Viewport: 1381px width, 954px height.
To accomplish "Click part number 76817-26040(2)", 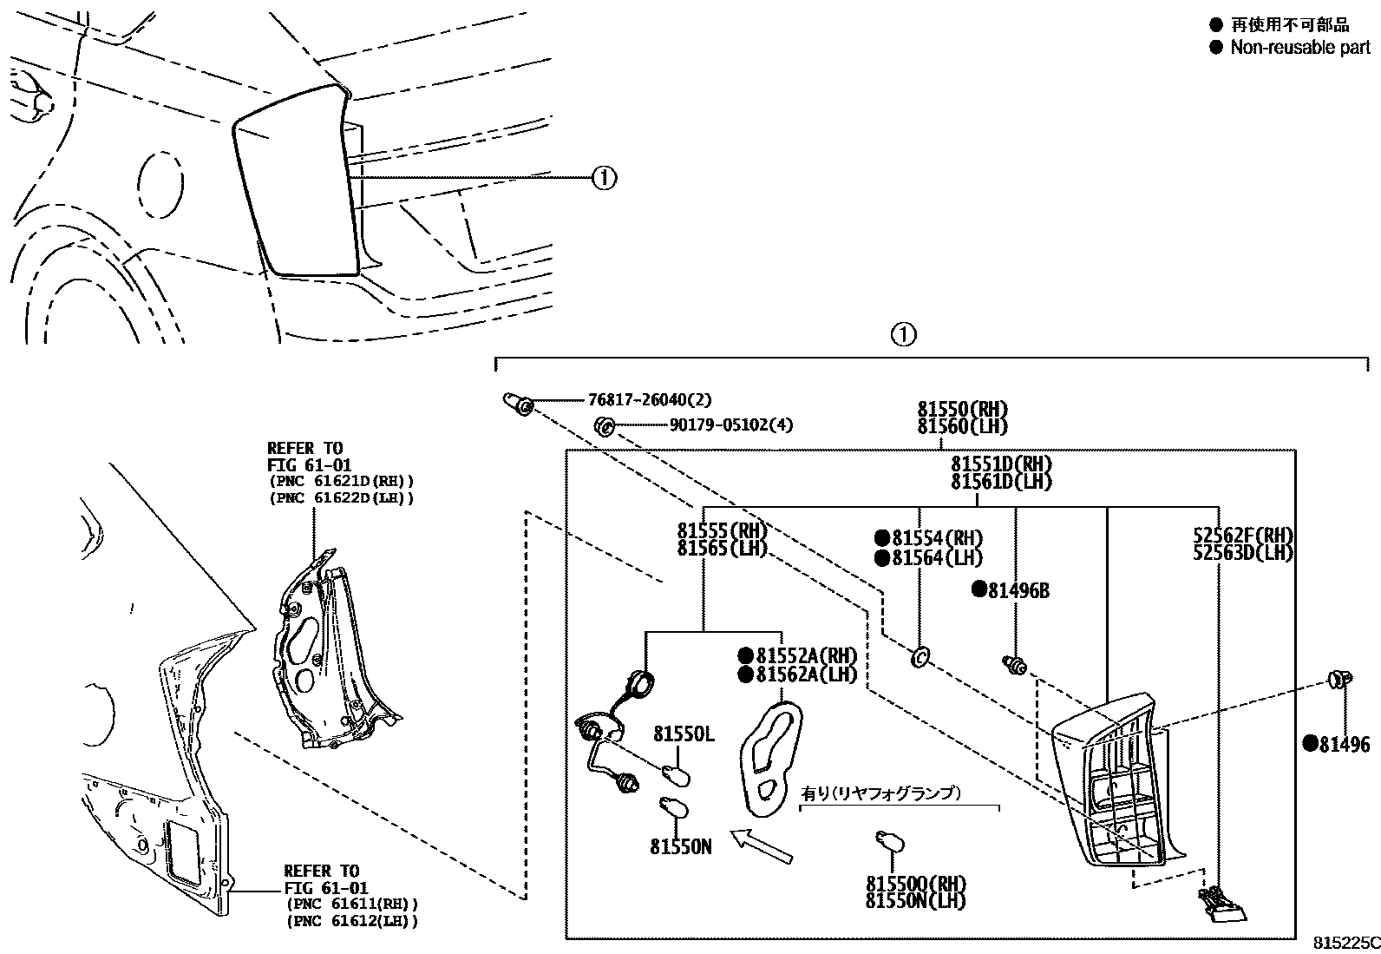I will [649, 400].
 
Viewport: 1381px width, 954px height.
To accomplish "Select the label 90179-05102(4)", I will [730, 425].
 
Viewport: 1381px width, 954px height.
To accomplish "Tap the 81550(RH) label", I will [963, 409].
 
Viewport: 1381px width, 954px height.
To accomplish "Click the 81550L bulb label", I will [684, 734].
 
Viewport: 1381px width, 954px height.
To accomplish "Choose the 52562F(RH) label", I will [1243, 535].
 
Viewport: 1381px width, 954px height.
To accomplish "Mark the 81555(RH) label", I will [723, 530].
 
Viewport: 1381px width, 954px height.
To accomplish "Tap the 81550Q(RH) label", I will [916, 883].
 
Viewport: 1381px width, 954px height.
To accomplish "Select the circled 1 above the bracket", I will [903, 334].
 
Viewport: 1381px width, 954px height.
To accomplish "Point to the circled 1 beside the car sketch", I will [604, 178].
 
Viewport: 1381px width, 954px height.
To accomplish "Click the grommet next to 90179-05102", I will [604, 426].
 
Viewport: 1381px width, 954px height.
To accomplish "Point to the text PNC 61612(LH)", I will [351, 921].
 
